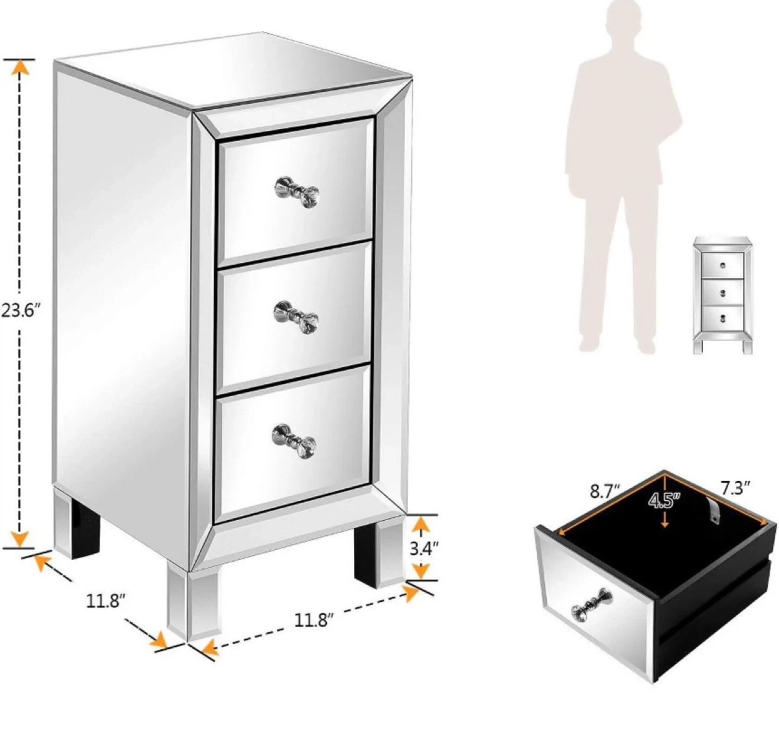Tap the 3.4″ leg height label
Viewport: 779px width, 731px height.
[424, 548]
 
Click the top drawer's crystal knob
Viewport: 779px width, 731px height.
[296, 192]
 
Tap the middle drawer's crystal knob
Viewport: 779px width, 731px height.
[296, 317]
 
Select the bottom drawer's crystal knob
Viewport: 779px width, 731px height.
[294, 441]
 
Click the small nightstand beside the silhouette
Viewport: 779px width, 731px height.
[723, 295]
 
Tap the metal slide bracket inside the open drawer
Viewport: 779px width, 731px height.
[715, 510]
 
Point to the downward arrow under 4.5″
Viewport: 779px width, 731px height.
[664, 519]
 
